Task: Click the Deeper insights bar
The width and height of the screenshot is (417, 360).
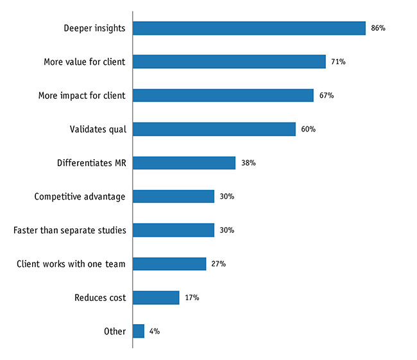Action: point(249,28)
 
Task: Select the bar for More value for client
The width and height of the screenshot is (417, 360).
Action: point(229,62)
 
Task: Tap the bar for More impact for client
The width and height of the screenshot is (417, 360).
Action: point(223,95)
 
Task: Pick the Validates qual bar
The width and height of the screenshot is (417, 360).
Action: point(214,129)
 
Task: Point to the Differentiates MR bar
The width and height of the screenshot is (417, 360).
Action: point(184,163)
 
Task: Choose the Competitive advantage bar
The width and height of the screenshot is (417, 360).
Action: point(173,196)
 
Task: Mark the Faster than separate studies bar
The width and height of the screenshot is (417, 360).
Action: point(173,230)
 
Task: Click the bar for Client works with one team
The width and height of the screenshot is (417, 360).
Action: point(169,264)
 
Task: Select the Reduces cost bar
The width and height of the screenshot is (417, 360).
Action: point(156,298)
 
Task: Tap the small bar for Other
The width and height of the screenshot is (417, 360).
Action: point(139,331)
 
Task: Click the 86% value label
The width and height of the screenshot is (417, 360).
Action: point(378,28)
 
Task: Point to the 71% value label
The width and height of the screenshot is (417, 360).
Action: point(339,62)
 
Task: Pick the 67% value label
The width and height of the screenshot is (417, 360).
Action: point(326,96)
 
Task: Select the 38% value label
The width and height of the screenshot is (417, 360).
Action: point(248,163)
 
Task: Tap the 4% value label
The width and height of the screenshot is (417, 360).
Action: point(154,331)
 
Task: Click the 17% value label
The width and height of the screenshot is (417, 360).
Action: point(191,298)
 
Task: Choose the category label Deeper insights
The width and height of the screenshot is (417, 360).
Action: point(95,28)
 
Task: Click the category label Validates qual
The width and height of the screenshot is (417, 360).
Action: point(98,129)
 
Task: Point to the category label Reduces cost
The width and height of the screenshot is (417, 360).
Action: point(100,298)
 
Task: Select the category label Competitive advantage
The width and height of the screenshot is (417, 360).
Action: point(80,196)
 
